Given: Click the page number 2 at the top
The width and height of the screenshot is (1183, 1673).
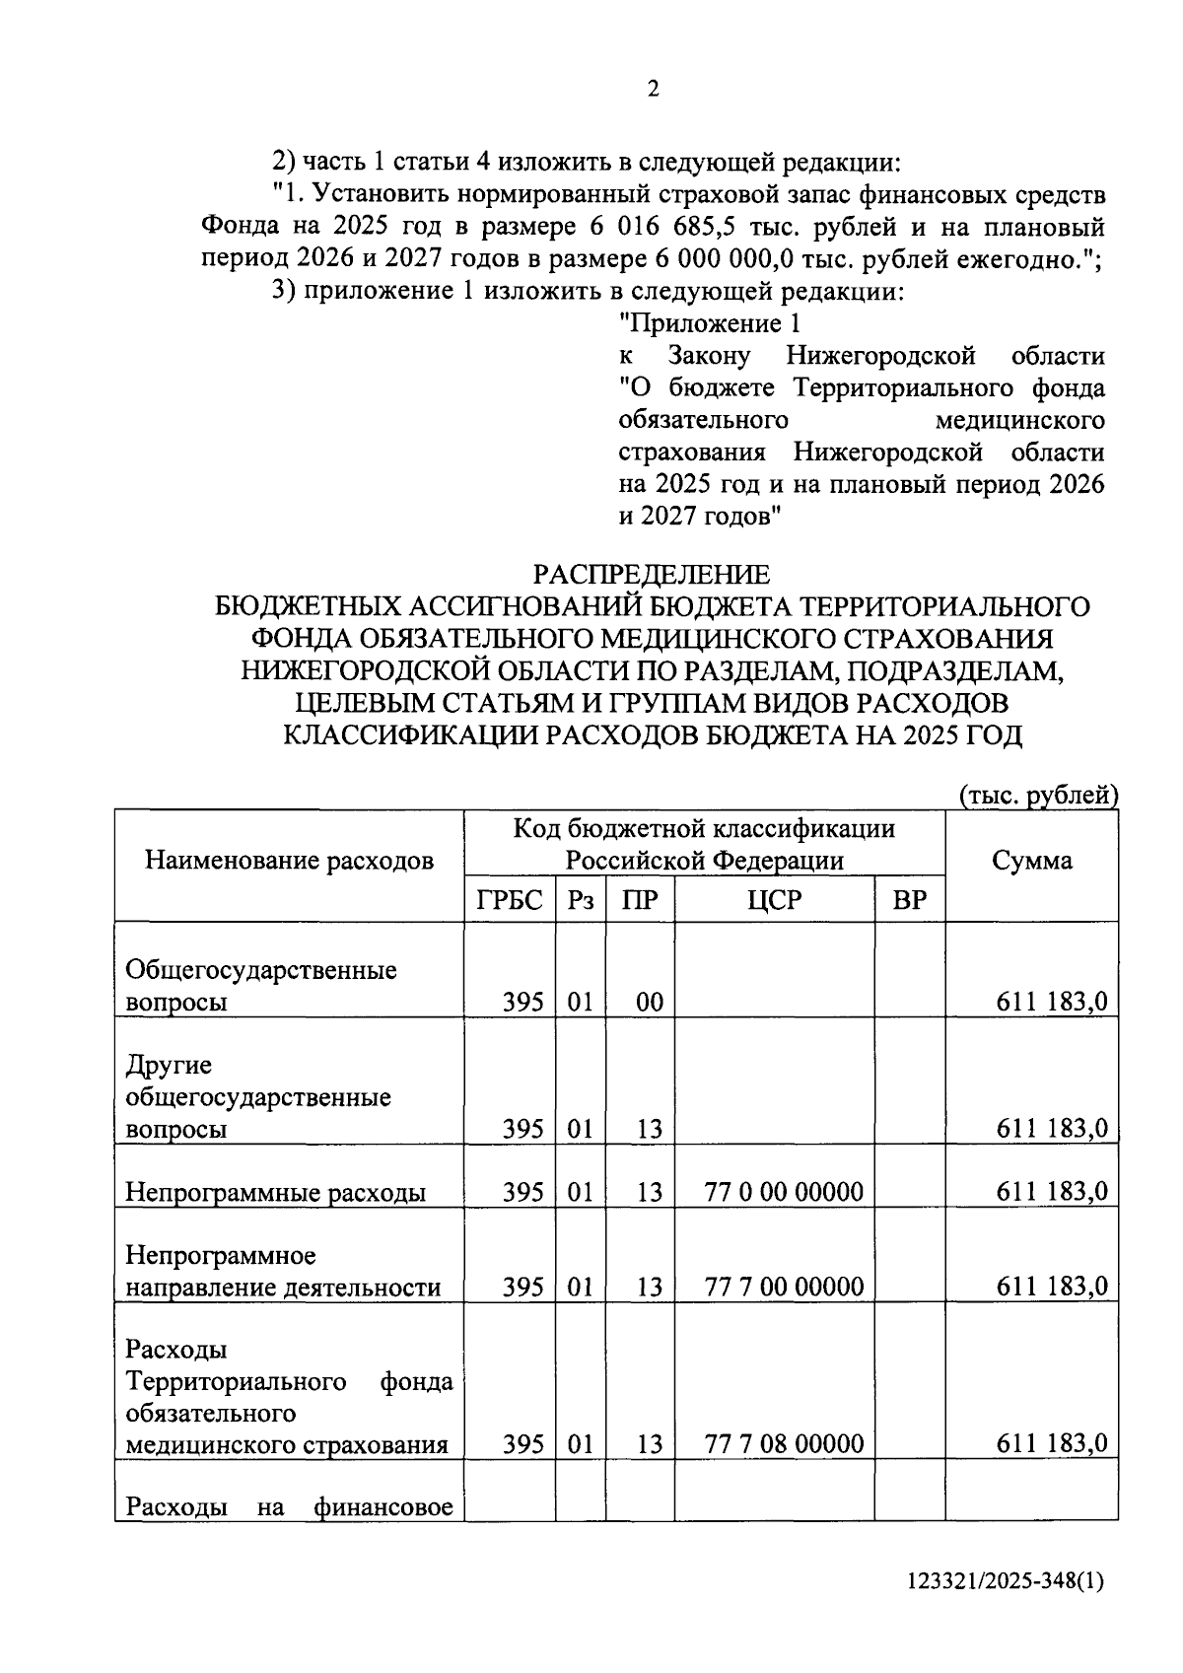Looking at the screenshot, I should point(653,90).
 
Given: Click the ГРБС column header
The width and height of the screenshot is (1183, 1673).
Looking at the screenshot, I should point(510,899).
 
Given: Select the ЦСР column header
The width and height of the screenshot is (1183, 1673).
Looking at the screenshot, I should point(775,899).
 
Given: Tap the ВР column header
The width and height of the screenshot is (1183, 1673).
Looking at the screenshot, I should point(909,899).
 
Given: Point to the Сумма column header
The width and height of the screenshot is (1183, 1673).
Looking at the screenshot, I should point(1031,860).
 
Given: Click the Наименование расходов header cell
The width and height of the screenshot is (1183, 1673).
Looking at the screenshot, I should point(289,861).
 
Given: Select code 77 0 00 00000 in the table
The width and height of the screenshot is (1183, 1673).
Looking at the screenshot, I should point(784,1192).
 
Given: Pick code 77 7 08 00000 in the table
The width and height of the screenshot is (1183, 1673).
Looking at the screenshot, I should point(784,1444).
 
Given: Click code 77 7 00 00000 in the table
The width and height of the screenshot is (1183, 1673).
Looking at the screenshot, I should point(784,1287).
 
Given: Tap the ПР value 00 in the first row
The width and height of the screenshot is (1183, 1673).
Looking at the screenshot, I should point(649,1003).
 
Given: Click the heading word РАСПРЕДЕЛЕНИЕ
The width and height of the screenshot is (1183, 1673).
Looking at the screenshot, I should point(652,574).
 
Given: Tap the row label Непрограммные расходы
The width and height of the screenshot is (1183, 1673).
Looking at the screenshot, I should point(275,1193).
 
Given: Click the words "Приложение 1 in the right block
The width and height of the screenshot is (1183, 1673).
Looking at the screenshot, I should point(709,323).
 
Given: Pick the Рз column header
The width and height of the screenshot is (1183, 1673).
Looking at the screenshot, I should point(580,899).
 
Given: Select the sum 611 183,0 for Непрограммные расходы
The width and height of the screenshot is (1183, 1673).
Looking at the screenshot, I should point(1051,1192).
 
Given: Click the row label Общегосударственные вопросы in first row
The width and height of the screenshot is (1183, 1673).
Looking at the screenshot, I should point(261,986).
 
